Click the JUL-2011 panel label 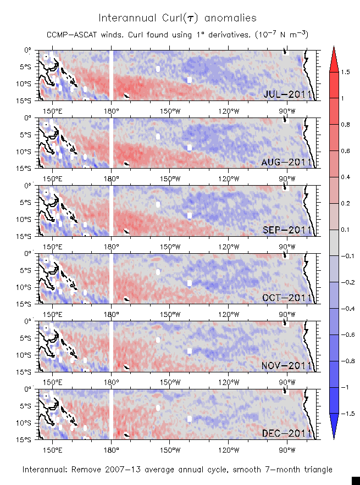pyautogui.click(x=287, y=94)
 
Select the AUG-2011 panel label pyautogui.click(x=287, y=162)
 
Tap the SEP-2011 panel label pyautogui.click(x=287, y=230)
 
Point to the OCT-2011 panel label pyautogui.click(x=287, y=298)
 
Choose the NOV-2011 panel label pyautogui.click(x=287, y=366)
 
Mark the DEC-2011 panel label pyautogui.click(x=287, y=434)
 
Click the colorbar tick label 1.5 pyautogui.click(x=345, y=72)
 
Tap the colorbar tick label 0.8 pyautogui.click(x=345, y=125)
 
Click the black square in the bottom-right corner pyautogui.click(x=356, y=480)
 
